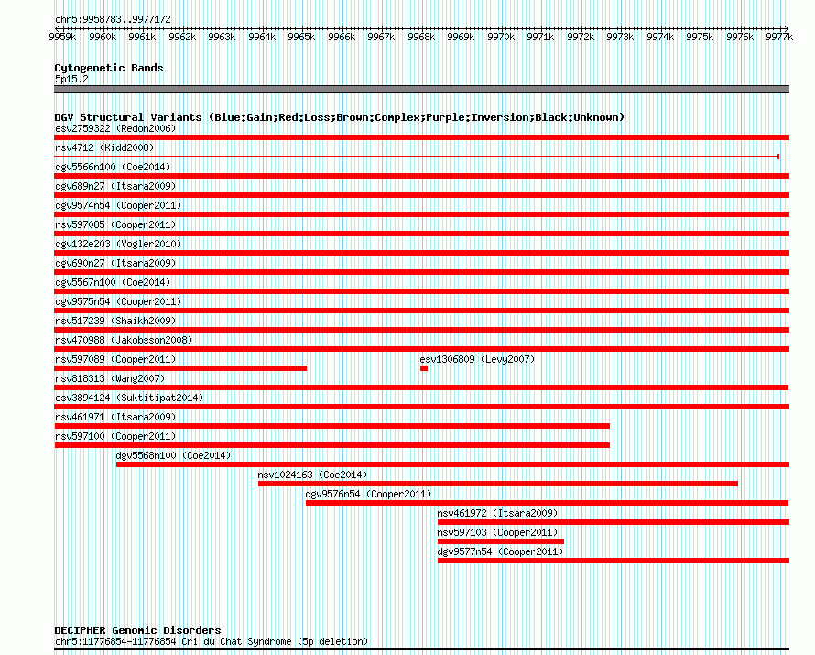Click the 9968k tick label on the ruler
tap(421, 37)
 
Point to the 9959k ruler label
tap(62, 37)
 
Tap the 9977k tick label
tap(779, 37)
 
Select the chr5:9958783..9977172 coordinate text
tap(113, 20)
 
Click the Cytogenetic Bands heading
tap(109, 68)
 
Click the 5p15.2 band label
tap(71, 79)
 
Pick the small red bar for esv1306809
tap(424, 368)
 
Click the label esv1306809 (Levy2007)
tap(477, 359)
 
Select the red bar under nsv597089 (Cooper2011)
tap(180, 368)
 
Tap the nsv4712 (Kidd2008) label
tap(104, 147)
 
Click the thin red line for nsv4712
tap(417, 157)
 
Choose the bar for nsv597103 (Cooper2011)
tap(501, 541)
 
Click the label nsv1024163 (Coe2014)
tap(312, 475)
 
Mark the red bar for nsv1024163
tap(498, 484)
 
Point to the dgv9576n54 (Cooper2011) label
tap(368, 494)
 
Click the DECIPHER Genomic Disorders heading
tap(137, 630)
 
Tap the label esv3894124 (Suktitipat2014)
tap(129, 398)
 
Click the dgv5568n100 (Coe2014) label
tap(173, 455)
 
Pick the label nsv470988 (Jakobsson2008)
tap(124, 340)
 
